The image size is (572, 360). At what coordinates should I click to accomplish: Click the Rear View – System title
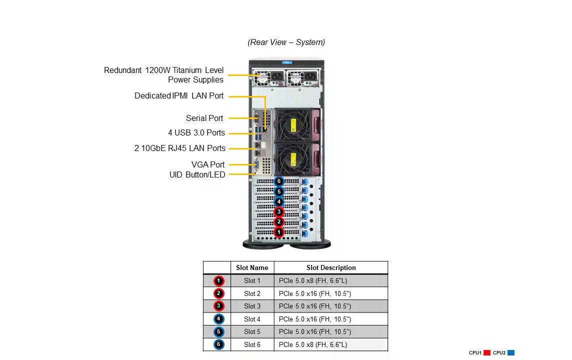click(286, 42)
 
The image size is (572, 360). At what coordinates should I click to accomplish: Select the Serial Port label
click(204, 118)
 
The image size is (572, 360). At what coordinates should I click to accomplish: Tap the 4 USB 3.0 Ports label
click(196, 133)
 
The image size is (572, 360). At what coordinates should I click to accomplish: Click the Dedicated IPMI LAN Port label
click(179, 95)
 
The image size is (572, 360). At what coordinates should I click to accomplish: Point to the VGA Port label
click(208, 164)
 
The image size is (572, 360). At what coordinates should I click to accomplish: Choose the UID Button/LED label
click(197, 174)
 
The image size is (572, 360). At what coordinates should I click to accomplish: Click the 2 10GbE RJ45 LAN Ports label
click(179, 148)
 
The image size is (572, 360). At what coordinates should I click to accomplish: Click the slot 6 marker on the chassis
click(279, 181)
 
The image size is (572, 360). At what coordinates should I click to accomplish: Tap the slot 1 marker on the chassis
click(279, 232)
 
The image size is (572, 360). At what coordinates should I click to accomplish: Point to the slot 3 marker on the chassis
click(279, 212)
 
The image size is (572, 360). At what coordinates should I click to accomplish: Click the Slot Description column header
click(331, 267)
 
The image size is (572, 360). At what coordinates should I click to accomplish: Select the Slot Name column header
click(252, 267)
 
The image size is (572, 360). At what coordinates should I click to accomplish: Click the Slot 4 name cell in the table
click(252, 319)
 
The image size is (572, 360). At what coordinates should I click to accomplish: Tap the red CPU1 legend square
click(487, 353)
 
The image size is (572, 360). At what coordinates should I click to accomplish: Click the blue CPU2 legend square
click(510, 353)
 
